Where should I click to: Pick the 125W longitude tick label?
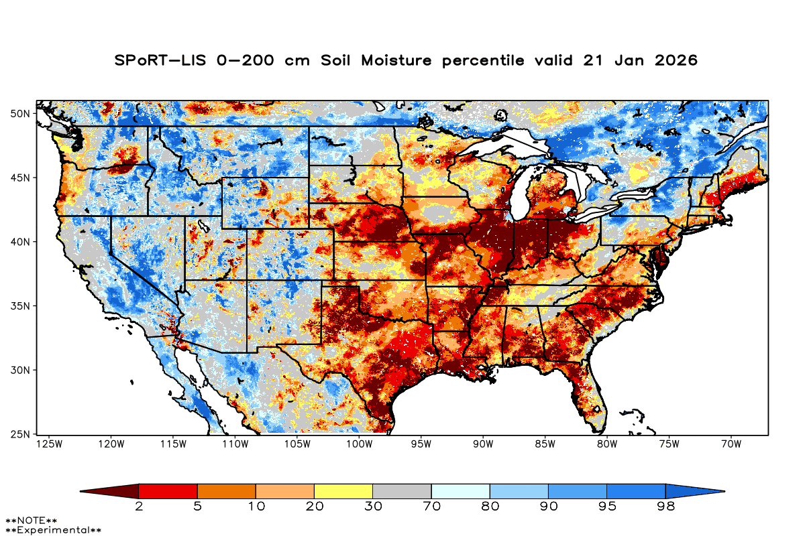[x=49, y=444]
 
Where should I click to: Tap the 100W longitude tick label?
[x=358, y=444]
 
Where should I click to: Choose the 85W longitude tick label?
[x=544, y=444]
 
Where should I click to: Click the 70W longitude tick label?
[x=730, y=444]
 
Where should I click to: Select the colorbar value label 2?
[x=139, y=507]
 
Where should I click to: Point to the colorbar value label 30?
[x=372, y=507]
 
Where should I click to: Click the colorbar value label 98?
[x=665, y=507]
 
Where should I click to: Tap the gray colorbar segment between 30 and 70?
[x=402, y=491]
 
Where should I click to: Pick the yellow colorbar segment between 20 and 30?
[x=343, y=491]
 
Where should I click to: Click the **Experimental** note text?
[x=53, y=530]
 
